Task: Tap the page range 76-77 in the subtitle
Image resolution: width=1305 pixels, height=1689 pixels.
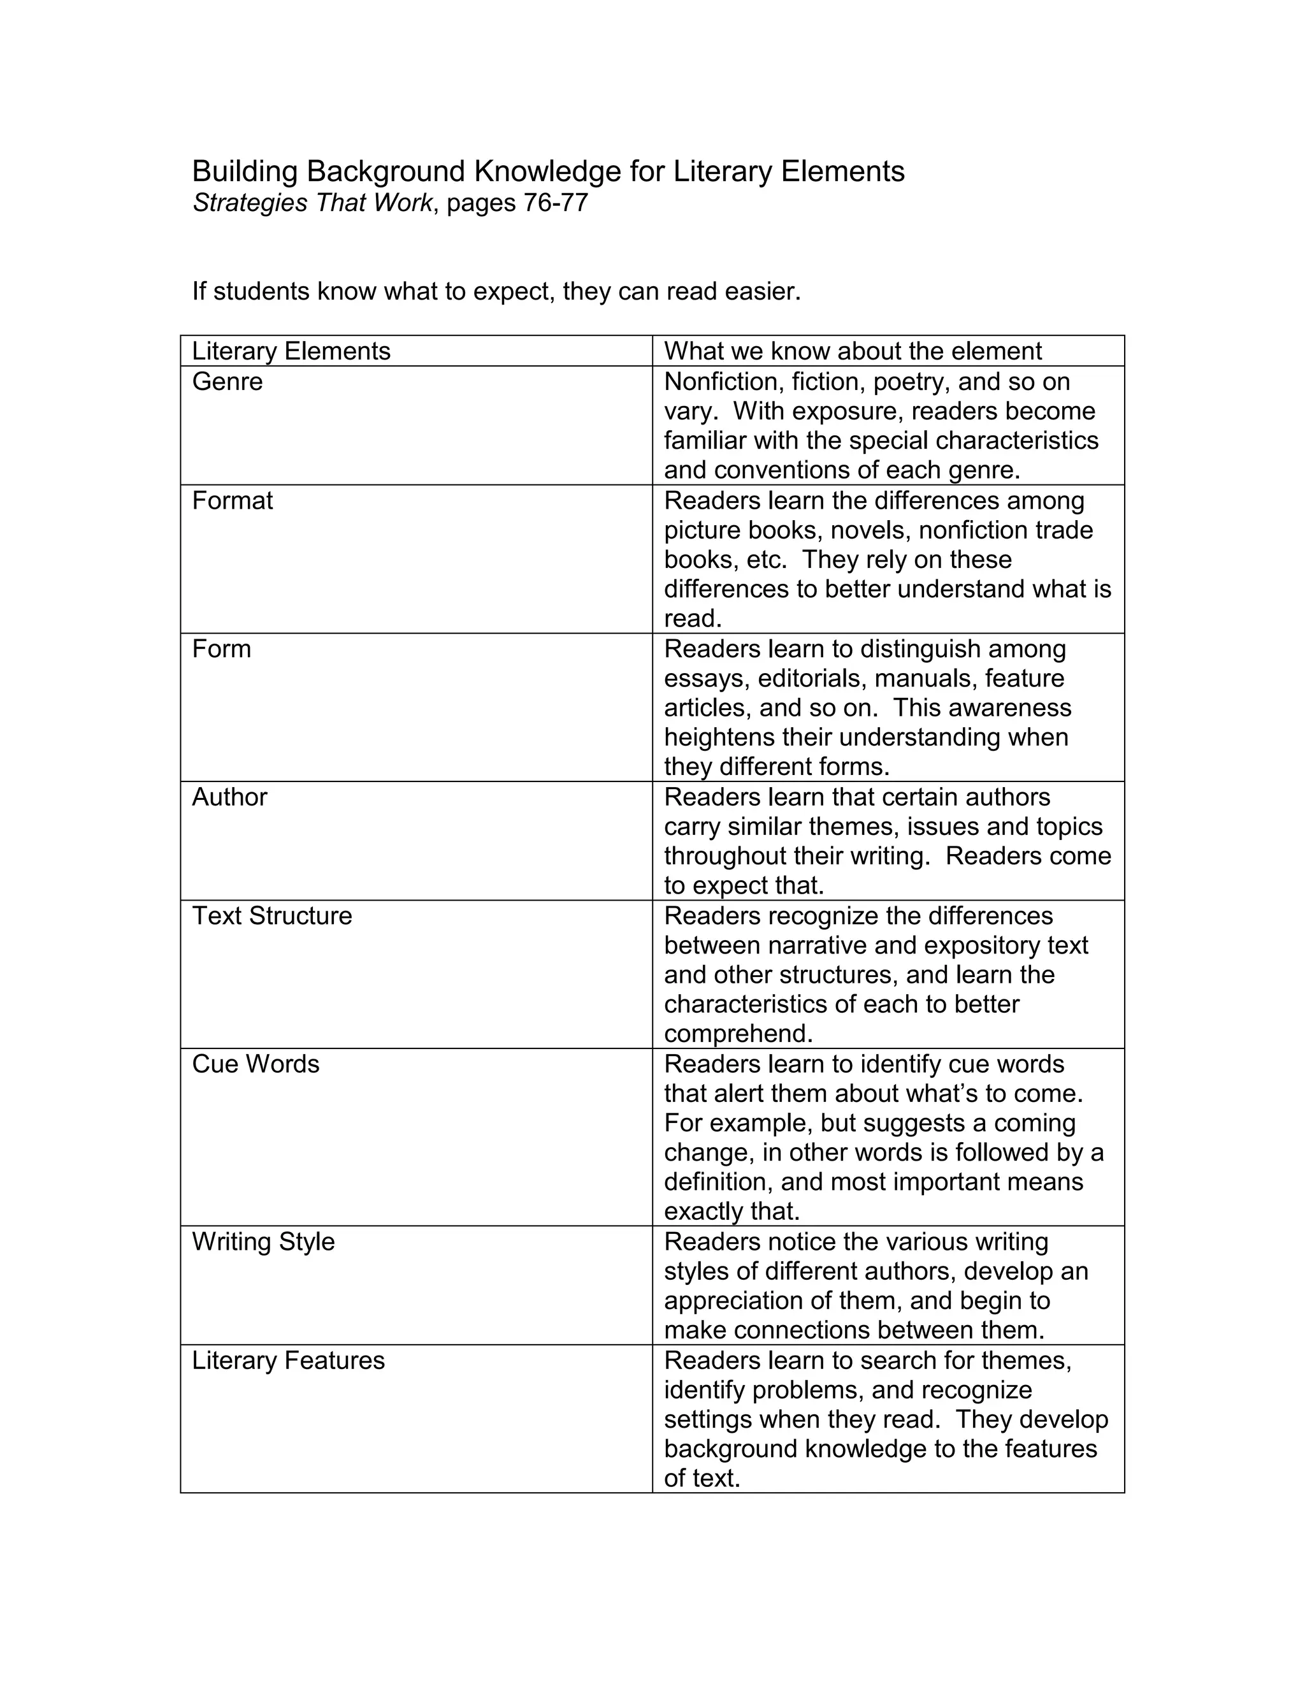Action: (x=555, y=203)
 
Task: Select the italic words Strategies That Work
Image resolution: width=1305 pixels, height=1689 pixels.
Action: (x=312, y=203)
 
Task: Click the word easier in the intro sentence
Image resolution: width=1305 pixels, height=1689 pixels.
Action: (x=761, y=291)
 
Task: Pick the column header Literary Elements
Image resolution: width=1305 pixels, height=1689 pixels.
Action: (x=291, y=351)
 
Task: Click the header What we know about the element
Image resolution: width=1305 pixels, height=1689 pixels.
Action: (x=853, y=351)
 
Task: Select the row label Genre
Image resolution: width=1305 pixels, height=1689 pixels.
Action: (x=227, y=381)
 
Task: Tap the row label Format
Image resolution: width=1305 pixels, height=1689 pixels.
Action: (x=232, y=500)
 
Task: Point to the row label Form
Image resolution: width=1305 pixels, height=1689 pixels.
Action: (x=221, y=649)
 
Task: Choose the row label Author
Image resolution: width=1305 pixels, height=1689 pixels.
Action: (x=229, y=797)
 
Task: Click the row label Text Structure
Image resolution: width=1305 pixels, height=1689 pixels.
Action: (x=271, y=916)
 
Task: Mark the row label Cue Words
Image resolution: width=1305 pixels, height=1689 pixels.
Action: (x=255, y=1064)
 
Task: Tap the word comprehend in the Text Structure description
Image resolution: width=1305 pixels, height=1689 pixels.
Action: (x=736, y=1034)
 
